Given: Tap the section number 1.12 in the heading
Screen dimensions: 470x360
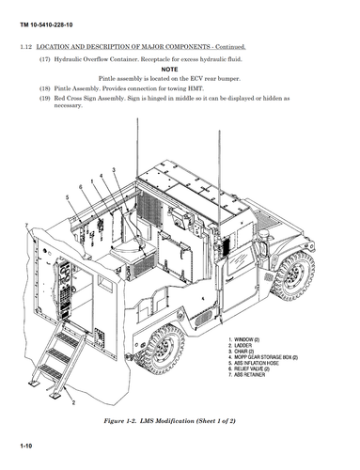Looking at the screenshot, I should tap(25, 46).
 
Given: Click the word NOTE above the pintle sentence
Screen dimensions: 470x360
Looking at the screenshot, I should tap(168, 69).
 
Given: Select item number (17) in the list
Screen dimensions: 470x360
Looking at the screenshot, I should tap(44, 58).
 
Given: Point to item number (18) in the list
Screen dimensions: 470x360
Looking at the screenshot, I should tap(44, 87).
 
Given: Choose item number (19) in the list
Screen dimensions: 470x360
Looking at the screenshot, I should tap(44, 97).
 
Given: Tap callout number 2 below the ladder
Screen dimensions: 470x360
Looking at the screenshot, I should tap(73, 400).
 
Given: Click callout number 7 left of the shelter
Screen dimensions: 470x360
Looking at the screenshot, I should tap(29, 226).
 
